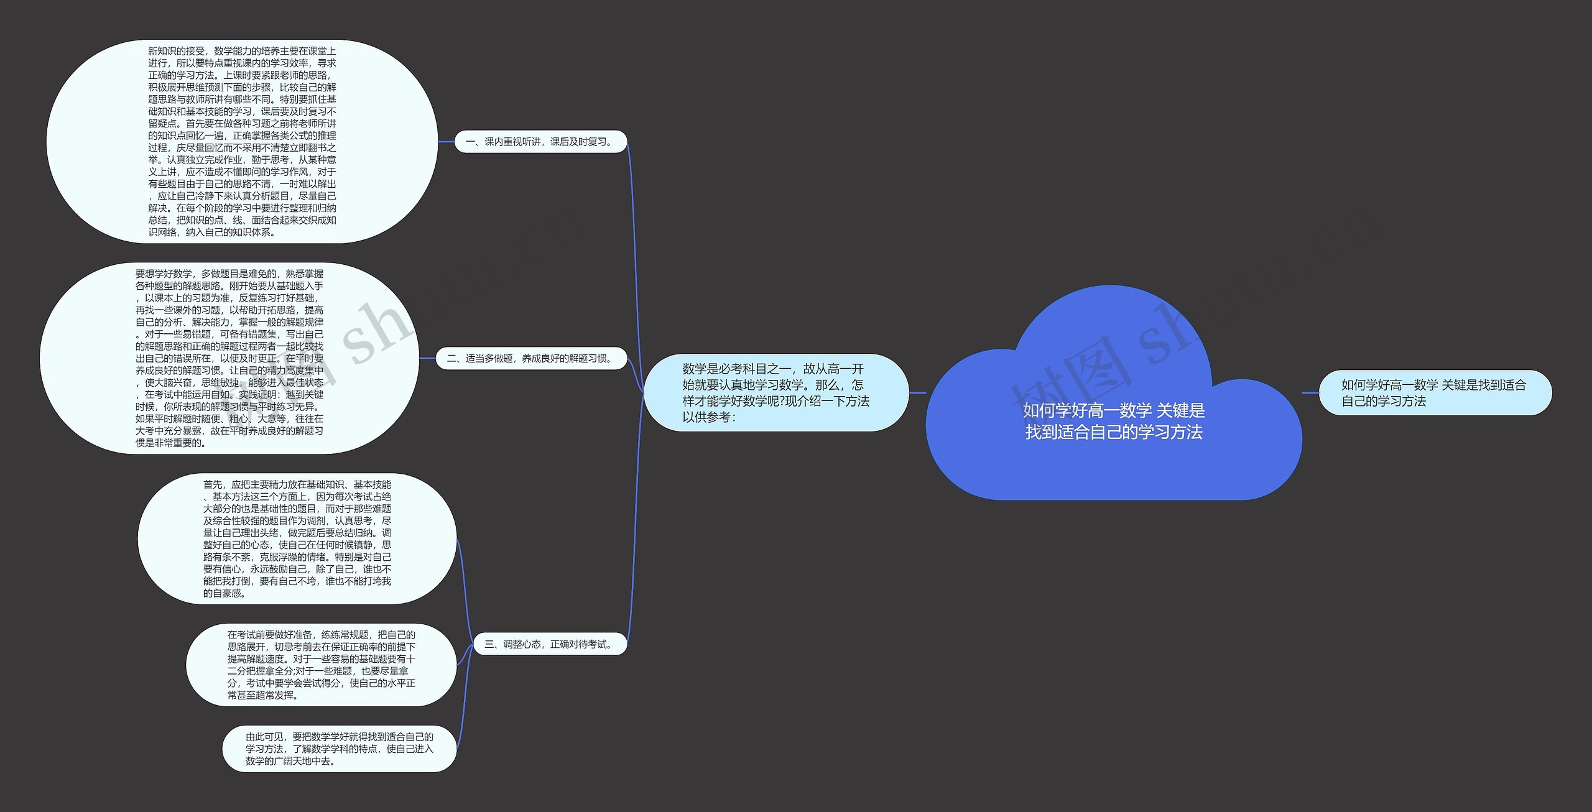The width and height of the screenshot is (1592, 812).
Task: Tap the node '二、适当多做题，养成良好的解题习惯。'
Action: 531,358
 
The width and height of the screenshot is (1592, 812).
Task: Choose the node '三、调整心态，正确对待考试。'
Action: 549,644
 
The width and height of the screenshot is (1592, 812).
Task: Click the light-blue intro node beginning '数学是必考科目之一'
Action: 775,393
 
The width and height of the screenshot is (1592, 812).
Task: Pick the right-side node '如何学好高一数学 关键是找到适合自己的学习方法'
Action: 1435,393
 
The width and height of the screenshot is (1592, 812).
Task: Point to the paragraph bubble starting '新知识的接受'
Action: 242,142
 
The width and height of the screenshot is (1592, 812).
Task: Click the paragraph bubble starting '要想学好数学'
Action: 229,358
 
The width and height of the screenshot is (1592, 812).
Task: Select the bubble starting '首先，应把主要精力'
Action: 297,538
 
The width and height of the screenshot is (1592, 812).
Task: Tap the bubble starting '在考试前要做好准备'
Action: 321,665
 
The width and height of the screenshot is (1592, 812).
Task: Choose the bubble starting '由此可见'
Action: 339,749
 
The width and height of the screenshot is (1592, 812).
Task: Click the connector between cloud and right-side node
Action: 1310,392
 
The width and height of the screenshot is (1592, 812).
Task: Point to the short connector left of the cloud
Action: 917,392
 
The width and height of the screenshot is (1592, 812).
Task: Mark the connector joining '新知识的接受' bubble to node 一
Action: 446,142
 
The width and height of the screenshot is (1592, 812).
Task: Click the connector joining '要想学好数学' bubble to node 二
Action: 427,358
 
